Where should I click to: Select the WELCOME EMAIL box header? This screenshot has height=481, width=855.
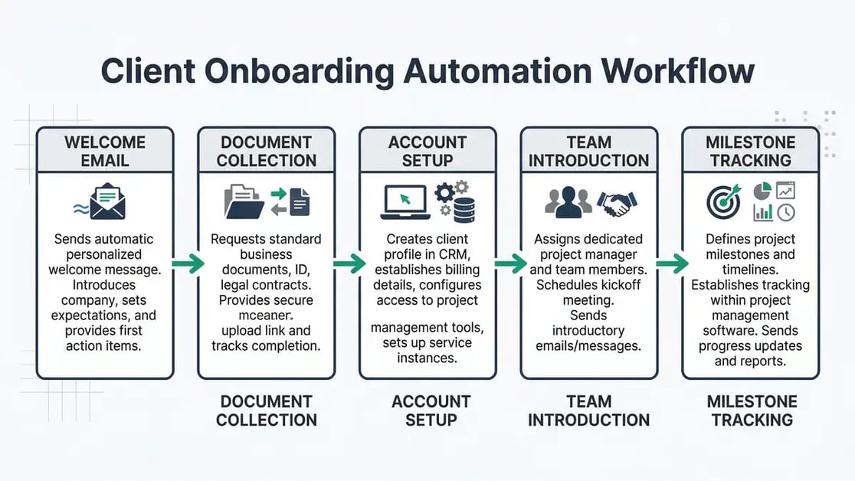105,151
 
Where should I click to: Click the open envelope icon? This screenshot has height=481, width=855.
106,201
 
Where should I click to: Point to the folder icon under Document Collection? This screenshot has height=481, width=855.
244,201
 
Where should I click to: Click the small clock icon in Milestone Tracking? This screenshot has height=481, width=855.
786,212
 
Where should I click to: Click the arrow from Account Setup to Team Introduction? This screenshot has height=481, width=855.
509,264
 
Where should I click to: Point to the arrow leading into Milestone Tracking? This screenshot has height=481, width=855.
670,264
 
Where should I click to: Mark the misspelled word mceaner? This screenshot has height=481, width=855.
266,315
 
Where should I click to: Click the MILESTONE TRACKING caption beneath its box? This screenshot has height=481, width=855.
751,411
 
